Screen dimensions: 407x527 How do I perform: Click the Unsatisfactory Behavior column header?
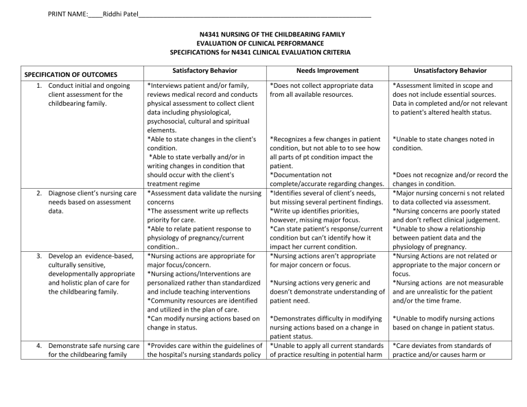pos(450,71)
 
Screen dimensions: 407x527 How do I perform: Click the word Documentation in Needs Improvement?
pos(301,175)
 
